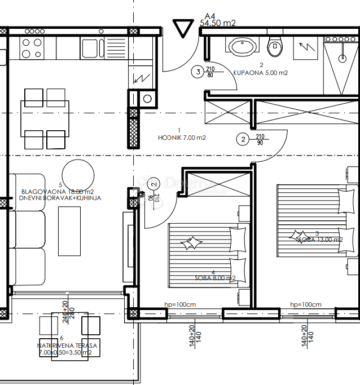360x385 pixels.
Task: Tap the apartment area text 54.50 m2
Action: (x=218, y=23)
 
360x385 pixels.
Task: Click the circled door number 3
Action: (x=197, y=72)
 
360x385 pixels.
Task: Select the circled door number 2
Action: (x=242, y=139)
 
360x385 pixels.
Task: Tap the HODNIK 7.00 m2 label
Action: (x=182, y=137)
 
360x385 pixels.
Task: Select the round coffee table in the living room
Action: (x=78, y=172)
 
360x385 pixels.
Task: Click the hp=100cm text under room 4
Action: (x=179, y=304)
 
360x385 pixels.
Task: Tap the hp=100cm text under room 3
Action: (x=306, y=304)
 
